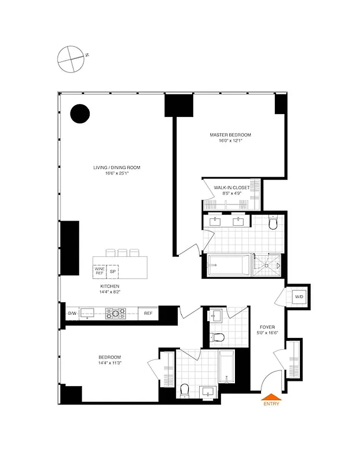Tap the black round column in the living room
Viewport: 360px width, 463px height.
coord(80,113)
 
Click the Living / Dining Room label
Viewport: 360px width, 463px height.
coord(117,168)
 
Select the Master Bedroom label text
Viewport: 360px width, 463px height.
coord(230,135)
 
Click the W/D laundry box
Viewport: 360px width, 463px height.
coord(299,297)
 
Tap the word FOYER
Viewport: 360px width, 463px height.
coord(267,326)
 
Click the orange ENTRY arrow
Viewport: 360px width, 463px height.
coord(271,397)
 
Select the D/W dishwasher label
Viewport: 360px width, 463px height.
coord(72,314)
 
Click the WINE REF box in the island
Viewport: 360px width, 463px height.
coord(100,270)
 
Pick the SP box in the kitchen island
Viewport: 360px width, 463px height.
coord(113,270)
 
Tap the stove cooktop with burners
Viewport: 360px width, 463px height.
coord(115,314)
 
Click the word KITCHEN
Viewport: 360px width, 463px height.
coord(110,286)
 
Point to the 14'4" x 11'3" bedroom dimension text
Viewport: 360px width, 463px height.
coord(110,363)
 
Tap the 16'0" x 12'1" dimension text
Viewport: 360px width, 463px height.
coord(230,141)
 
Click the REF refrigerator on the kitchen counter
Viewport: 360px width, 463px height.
coord(148,314)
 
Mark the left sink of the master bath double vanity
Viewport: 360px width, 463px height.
coord(217,220)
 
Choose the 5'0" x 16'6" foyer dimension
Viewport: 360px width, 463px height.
coord(267,333)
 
